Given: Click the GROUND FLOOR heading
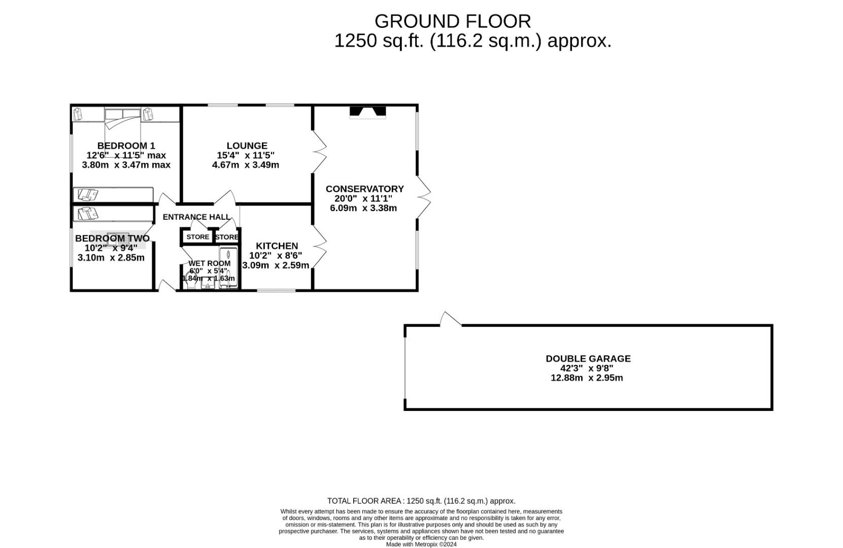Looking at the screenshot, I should pyautogui.click(x=452, y=21).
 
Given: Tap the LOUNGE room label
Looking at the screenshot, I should pyautogui.click(x=247, y=146).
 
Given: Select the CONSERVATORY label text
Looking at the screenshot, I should pyautogui.click(x=364, y=189).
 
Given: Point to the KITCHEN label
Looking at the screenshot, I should pyautogui.click(x=277, y=246).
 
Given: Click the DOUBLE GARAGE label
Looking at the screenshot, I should pyautogui.click(x=588, y=358).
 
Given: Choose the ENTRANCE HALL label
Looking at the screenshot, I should pyautogui.click(x=196, y=217).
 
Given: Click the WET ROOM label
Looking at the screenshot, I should pyautogui.click(x=209, y=263).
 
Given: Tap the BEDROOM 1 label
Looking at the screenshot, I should pyautogui.click(x=126, y=146).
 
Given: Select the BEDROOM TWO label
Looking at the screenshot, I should pyautogui.click(x=112, y=238).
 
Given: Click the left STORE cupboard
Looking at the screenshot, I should pyautogui.click(x=197, y=237).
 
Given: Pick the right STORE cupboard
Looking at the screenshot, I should pyautogui.click(x=226, y=237).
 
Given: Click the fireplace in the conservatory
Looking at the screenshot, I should pyautogui.click(x=367, y=112).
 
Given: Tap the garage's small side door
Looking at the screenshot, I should pyautogui.click(x=450, y=319).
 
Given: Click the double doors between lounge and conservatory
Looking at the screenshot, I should pyautogui.click(x=319, y=151).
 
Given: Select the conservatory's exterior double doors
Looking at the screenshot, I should pyautogui.click(x=424, y=197).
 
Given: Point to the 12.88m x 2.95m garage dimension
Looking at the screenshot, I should pyautogui.click(x=586, y=378).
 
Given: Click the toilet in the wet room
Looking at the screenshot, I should pyautogui.click(x=191, y=282).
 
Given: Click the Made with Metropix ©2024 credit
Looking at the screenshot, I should pyautogui.click(x=421, y=544).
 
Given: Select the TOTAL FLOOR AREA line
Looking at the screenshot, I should pyautogui.click(x=421, y=501).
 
